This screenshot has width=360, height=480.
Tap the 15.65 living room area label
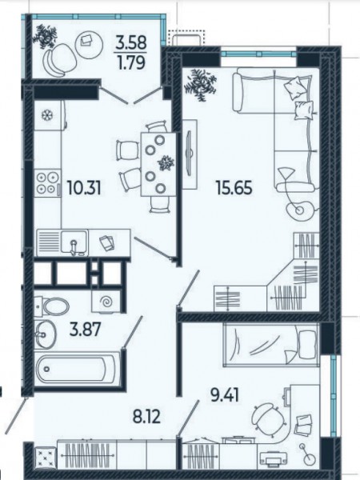coord(234,187)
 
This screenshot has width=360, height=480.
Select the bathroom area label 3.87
coord(85,330)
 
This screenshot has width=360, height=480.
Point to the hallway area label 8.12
coord(146,416)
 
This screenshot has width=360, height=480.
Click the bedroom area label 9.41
coord(225,395)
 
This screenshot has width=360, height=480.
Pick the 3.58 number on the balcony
coord(131,42)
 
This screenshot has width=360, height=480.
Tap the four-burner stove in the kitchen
coord(47,184)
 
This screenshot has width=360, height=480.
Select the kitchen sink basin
coord(74,242)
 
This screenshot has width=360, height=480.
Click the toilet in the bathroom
coord(51,306)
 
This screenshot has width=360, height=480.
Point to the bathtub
coord(77,369)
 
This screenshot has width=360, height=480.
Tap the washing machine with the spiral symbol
coord(106,301)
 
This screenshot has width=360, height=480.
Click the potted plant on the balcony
coord(46,36)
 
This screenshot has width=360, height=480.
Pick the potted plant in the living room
coord(199,84)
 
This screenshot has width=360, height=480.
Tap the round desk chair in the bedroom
coord(265,416)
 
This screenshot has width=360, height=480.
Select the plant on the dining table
coord(166,162)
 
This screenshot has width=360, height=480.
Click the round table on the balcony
coord(89,42)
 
